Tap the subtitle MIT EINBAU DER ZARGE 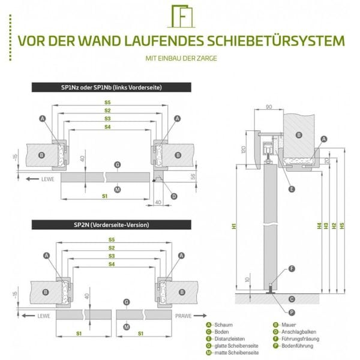(x=179, y=58)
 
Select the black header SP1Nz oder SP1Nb (x=112, y=88)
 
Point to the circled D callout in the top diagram (x=173, y=196)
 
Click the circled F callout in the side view (x=292, y=268)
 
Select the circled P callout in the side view (x=292, y=312)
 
